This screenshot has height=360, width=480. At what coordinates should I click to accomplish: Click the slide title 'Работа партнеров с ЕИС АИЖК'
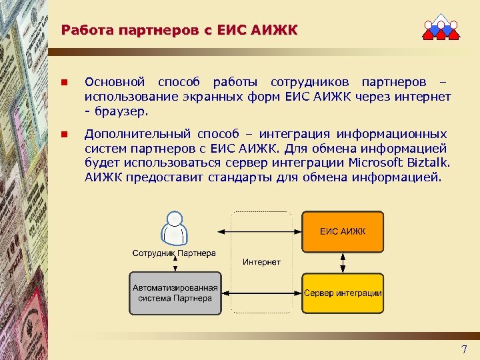pyautogui.click(x=179, y=30)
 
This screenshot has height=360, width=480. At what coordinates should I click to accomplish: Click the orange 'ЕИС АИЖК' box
pyautogui.click(x=343, y=231)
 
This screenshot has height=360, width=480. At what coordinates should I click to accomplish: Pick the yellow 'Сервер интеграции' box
pyautogui.click(x=343, y=293)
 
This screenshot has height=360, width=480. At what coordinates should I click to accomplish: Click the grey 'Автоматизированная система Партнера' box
pyautogui.click(x=175, y=293)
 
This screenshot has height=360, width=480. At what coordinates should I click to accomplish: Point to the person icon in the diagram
pyautogui.click(x=175, y=229)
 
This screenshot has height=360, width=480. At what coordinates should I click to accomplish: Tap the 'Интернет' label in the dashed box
pyautogui.click(x=261, y=262)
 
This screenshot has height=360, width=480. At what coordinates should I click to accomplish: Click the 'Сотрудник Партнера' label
pyautogui.click(x=174, y=253)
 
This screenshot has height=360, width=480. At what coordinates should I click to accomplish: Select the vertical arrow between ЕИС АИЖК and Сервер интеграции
pyautogui.click(x=343, y=262)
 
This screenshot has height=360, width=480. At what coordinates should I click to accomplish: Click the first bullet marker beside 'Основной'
pyautogui.click(x=64, y=83)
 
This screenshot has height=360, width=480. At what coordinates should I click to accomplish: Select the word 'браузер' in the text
pyautogui.click(x=122, y=111)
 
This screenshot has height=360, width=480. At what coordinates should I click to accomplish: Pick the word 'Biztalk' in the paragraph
pyautogui.click(x=429, y=163)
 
